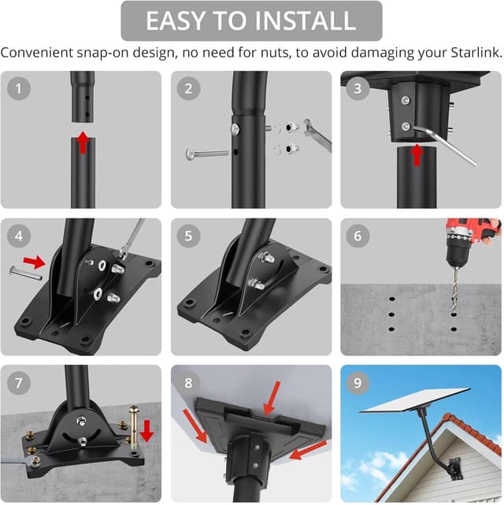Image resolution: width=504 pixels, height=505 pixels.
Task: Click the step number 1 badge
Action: (19, 88)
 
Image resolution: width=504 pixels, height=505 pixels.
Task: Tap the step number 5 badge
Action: (188, 235)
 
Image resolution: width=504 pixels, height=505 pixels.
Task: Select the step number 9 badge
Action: (358, 382)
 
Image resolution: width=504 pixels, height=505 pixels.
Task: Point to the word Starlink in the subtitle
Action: (470, 54)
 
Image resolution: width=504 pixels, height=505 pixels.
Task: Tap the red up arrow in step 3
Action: (417, 154)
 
